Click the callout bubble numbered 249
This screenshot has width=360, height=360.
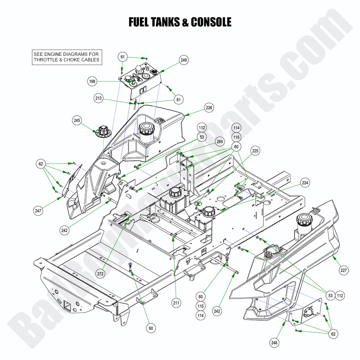click(184, 60)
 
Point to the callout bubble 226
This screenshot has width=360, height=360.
click(209, 108)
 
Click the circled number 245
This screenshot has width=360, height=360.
click(77, 120)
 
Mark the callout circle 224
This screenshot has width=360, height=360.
click(305, 182)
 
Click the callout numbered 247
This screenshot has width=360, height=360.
click(39, 211)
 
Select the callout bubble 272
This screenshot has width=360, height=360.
click(100, 274)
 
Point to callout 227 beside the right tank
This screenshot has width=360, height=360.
click(343, 271)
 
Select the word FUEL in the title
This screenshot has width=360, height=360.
click(141, 22)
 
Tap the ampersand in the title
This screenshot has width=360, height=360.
click(186, 22)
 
